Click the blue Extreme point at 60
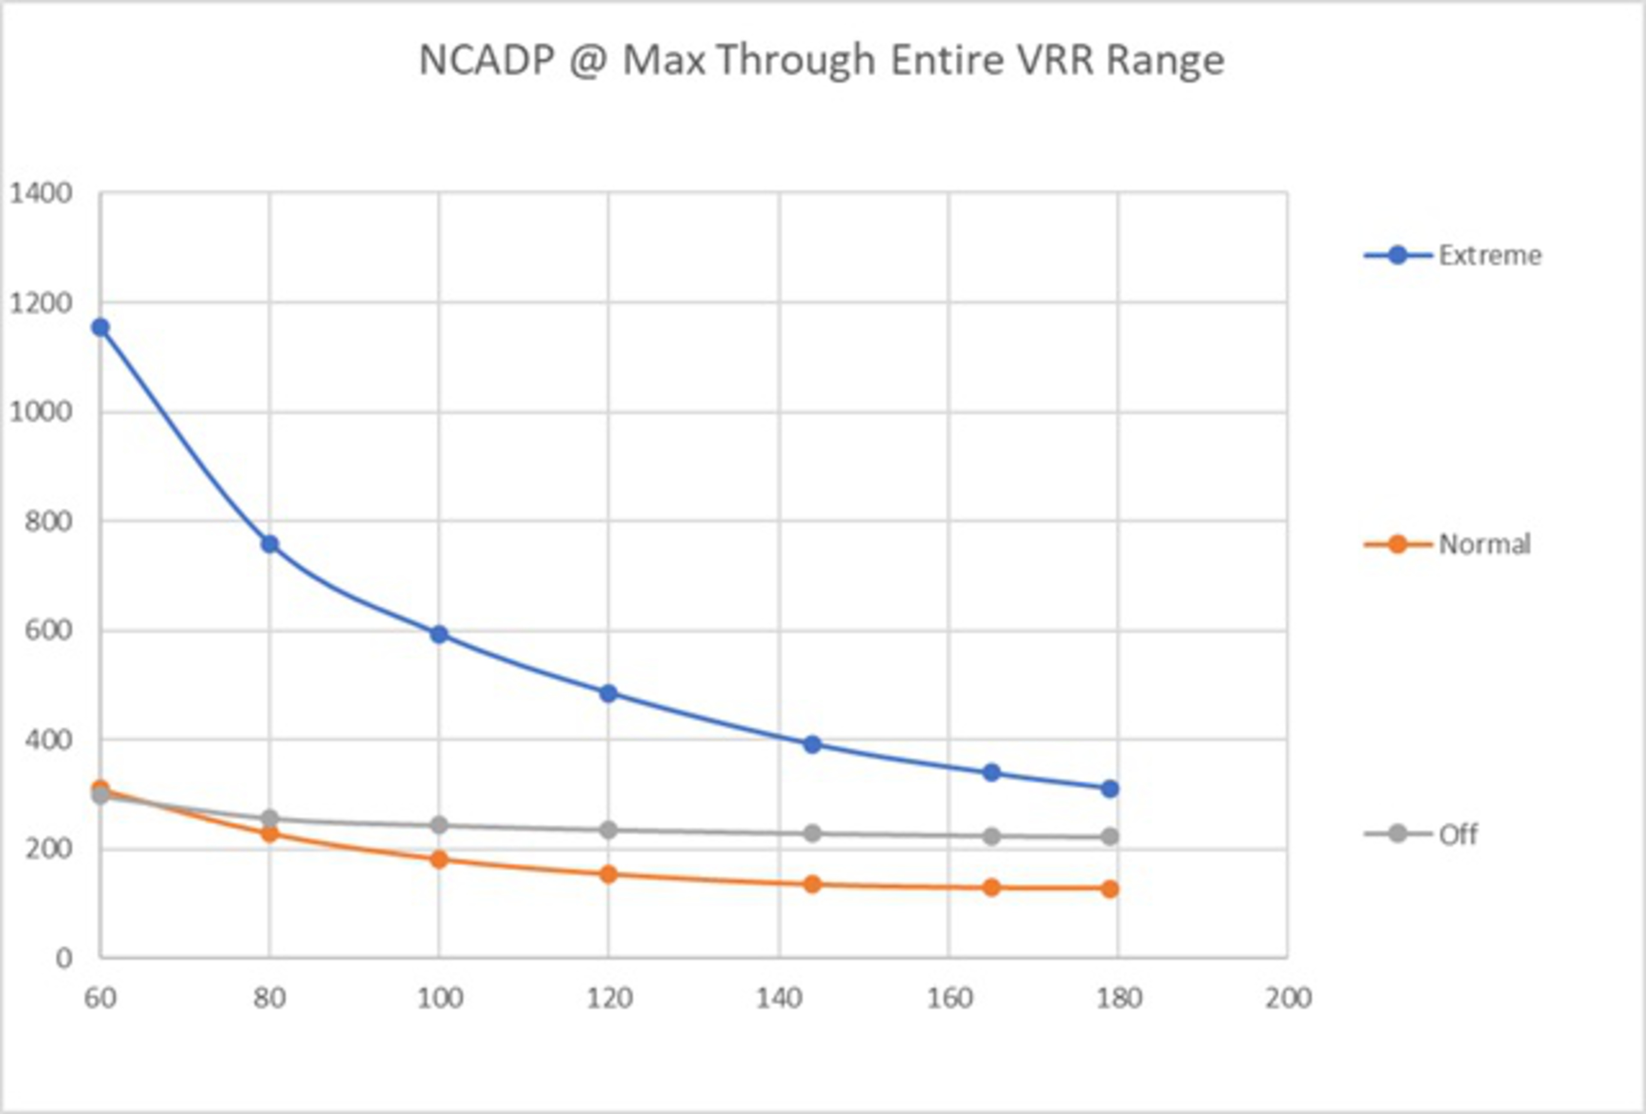click(x=101, y=328)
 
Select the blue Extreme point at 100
click(x=439, y=634)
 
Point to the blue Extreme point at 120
click(x=608, y=693)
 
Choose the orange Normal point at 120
click(x=608, y=874)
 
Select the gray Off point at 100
click(x=439, y=825)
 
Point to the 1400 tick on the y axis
click(x=40, y=193)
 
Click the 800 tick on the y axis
click(x=48, y=521)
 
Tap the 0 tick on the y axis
click(x=64, y=959)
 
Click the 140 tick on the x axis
click(x=779, y=999)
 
